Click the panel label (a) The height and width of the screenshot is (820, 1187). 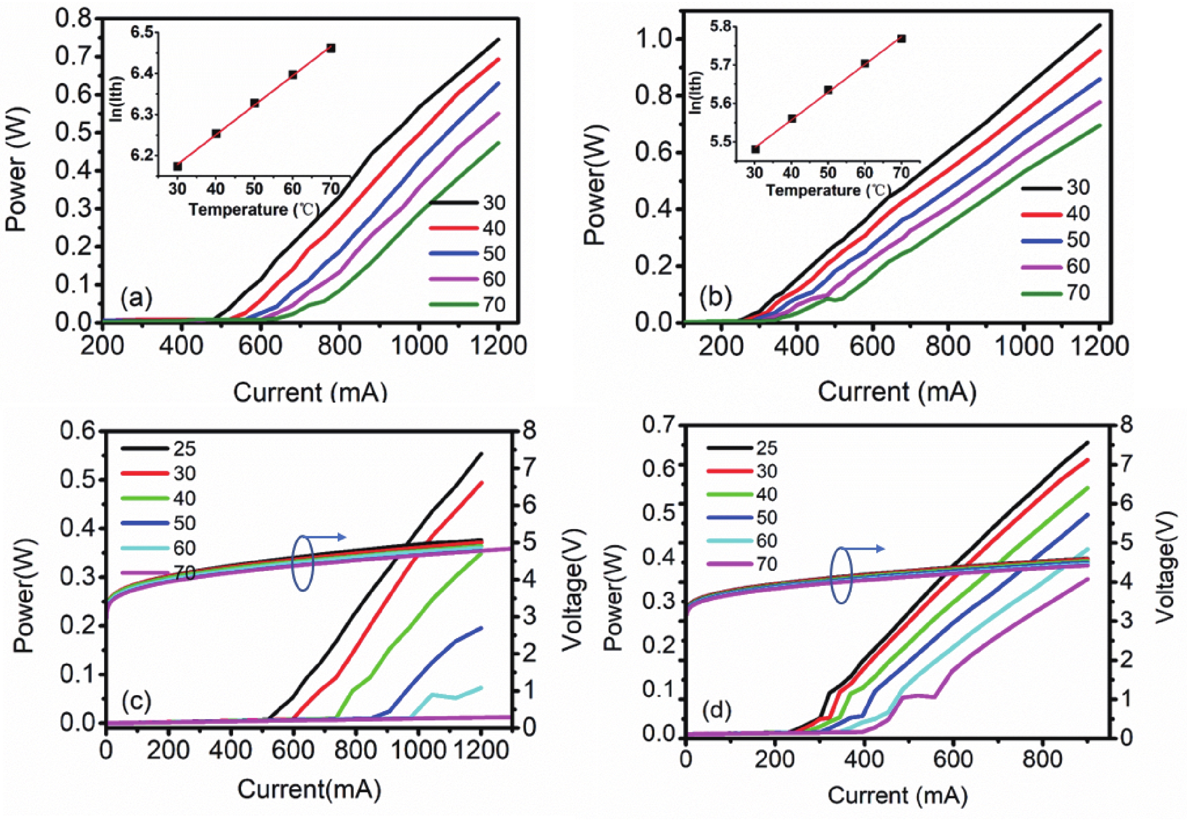tap(136, 299)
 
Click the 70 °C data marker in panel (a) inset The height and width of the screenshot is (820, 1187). tap(331, 48)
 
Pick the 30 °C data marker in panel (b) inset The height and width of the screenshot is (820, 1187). tap(755, 149)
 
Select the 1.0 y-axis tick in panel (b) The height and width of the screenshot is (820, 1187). tap(653, 39)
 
